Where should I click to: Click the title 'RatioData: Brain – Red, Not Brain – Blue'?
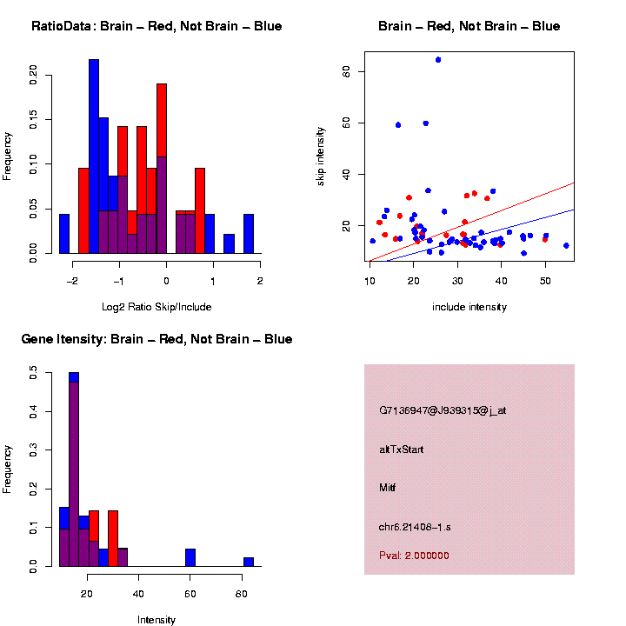click(156, 26)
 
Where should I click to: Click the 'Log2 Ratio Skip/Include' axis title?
click(156, 307)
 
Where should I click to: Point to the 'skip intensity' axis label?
click(321, 156)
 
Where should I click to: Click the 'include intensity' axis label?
click(469, 307)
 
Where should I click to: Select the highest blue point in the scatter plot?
click(438, 60)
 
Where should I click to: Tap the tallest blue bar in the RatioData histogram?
click(94, 156)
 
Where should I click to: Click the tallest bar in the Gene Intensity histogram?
click(74, 469)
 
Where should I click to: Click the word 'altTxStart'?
click(402, 450)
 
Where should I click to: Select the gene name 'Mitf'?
click(388, 488)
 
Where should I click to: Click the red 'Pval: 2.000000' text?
click(414, 556)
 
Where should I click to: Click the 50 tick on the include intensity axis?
click(545, 280)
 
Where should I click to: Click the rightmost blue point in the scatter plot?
click(566, 245)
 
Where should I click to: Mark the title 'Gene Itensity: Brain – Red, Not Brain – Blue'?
click(156, 339)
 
